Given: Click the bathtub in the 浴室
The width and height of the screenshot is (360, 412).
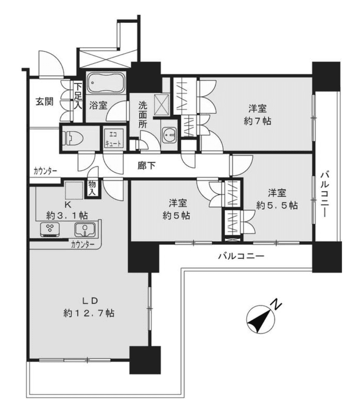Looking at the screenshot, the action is (107, 83).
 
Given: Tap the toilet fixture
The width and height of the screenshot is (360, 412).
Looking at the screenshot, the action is (73, 138).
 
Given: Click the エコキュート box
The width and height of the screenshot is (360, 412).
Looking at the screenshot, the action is (113, 139).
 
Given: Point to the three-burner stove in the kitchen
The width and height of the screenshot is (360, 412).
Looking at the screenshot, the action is (50, 229).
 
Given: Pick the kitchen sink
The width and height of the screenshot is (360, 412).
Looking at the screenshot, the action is (85, 229).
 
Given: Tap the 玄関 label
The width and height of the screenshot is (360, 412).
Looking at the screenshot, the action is (45, 101).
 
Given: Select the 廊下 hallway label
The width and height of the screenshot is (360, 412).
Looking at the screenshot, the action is (146, 165).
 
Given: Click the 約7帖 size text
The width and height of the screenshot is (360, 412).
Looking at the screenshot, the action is (257, 121).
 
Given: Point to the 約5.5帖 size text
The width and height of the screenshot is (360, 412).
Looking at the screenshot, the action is (277, 205).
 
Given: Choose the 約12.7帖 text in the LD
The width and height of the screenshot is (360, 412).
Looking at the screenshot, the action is (89, 313).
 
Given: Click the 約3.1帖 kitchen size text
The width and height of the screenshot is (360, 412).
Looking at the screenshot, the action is (67, 215).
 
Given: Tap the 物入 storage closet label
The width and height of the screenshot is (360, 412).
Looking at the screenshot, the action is (92, 188).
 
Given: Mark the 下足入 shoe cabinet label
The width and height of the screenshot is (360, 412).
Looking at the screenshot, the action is (78, 96).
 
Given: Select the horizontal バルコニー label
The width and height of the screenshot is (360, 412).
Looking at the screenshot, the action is (241, 256).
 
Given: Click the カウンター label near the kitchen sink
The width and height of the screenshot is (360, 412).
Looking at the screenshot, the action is (83, 245).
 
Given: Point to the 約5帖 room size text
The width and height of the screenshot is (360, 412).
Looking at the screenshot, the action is (177, 216).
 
